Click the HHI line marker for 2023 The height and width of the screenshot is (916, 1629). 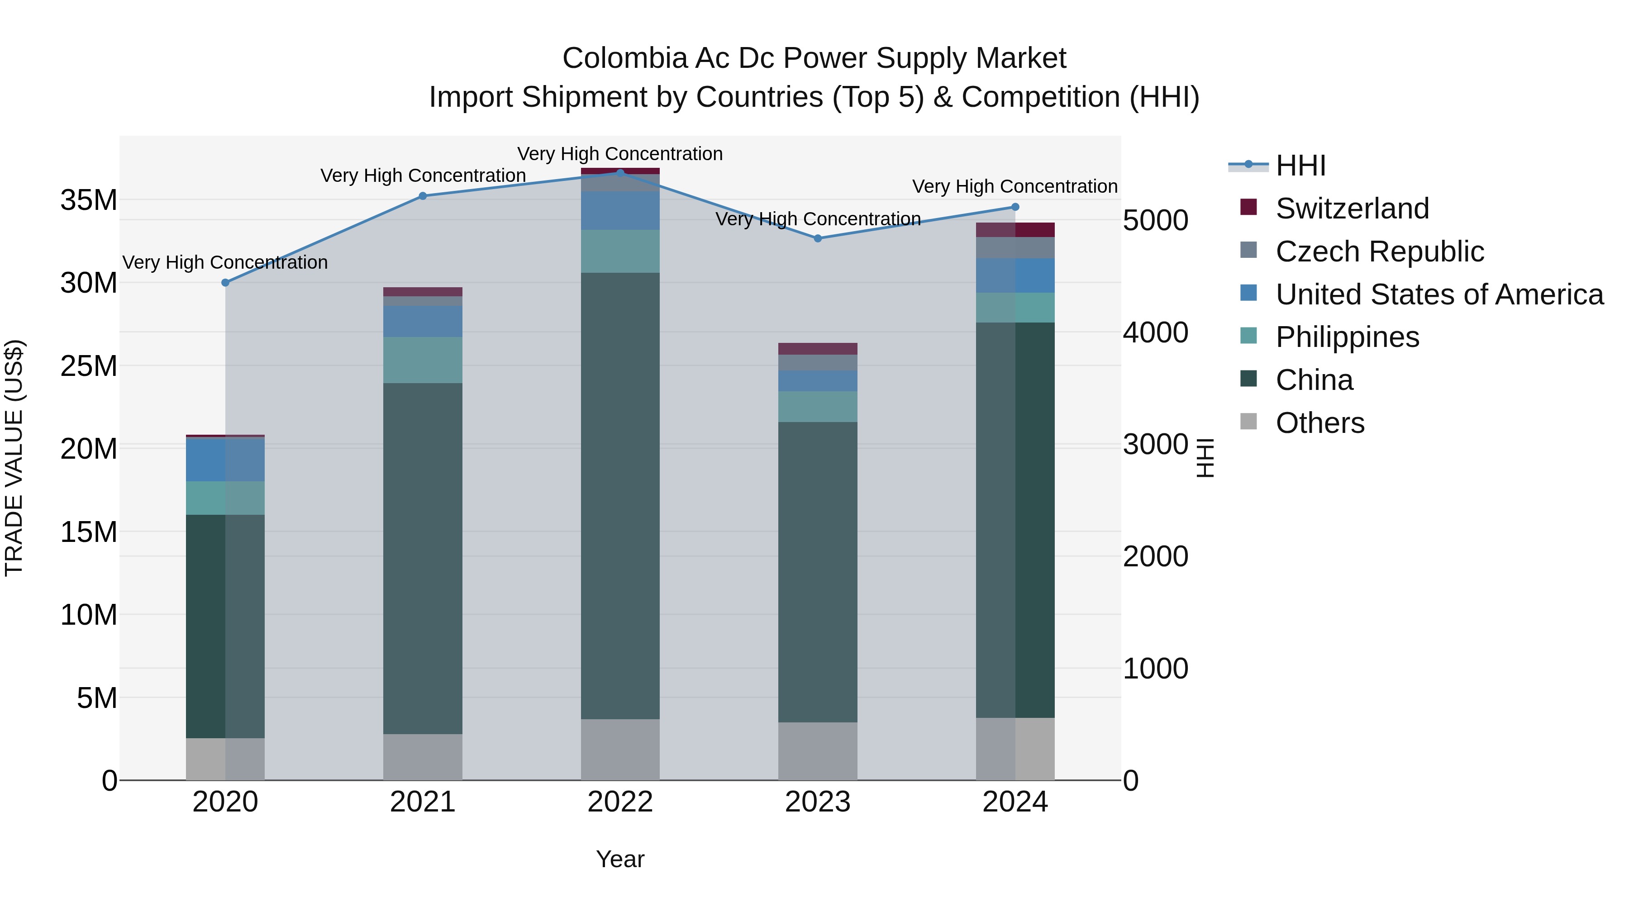pos(818,238)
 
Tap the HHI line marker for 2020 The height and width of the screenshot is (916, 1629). pos(225,283)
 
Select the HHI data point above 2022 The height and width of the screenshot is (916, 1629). pos(620,173)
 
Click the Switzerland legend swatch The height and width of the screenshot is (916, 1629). pos(1248,207)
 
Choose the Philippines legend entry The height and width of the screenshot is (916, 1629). pos(1347,337)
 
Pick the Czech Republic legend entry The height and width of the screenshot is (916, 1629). pos(1379,251)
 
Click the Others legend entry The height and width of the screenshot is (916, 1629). pos(1320,423)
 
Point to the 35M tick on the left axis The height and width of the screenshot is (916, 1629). pos(89,200)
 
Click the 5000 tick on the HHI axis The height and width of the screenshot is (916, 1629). pos(1155,221)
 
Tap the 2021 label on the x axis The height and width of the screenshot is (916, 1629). pos(423,802)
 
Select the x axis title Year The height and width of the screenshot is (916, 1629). pos(620,859)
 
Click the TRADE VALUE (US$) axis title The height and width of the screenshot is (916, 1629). pos(14,458)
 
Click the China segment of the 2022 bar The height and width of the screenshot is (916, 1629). pos(620,496)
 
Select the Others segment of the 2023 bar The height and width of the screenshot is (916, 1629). pos(818,751)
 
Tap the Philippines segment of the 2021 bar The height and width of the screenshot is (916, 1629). pos(423,360)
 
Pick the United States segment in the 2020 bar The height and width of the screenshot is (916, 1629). pos(225,460)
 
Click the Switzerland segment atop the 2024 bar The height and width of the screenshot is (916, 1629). pos(1015,229)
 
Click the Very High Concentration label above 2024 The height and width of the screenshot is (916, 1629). pos(1015,186)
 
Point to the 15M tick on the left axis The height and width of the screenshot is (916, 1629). pos(89,532)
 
